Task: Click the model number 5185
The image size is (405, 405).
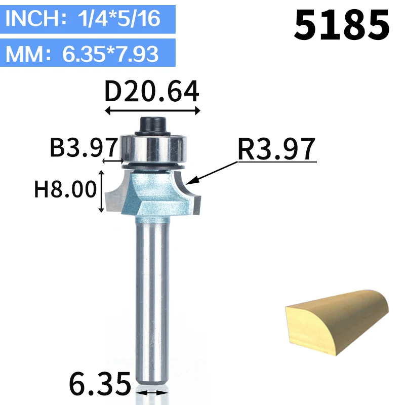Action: (341, 25)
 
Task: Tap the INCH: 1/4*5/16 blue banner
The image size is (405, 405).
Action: (88, 19)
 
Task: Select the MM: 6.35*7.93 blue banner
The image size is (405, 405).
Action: (88, 53)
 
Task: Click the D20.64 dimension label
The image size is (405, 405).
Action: (152, 92)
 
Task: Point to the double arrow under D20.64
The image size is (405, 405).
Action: (152, 111)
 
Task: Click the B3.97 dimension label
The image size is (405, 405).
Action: (84, 147)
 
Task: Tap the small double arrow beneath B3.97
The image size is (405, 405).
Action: (113, 161)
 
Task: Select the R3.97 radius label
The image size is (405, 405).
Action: (276, 149)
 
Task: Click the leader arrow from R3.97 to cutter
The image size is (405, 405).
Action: (212, 173)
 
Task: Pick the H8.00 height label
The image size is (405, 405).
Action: (65, 189)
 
